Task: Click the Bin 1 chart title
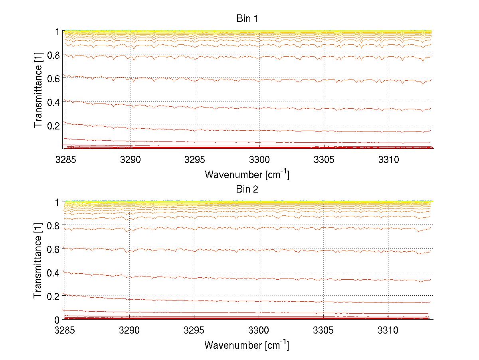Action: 247,19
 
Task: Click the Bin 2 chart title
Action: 247,189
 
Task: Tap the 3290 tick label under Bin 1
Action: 130,160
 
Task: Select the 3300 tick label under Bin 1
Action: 259,160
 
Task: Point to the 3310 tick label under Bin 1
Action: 389,160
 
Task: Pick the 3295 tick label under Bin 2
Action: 194,331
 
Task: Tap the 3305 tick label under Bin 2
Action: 324,331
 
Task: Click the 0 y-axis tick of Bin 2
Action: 57,320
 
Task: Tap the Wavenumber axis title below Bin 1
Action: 247,174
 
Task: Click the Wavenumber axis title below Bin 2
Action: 247,345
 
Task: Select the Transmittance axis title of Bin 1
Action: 39,90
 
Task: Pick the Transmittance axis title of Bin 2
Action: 39,261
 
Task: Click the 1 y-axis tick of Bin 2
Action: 57,202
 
